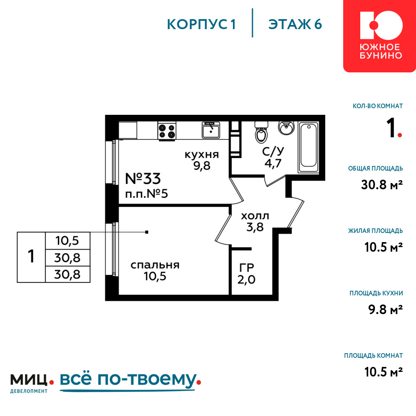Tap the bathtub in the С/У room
309,147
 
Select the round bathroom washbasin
286,128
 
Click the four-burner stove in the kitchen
167,131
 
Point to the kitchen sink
210,130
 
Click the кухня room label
202,154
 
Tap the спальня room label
155,265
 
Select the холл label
255,216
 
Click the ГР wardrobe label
247,267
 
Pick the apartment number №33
143,178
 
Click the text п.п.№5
146,194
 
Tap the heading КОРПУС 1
201,25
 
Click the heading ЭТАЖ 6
295,25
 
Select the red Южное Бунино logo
379,36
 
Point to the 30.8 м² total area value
382,185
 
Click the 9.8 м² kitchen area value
386,310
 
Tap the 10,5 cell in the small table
67,240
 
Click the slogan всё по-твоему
130,380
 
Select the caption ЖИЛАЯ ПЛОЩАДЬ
375,231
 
